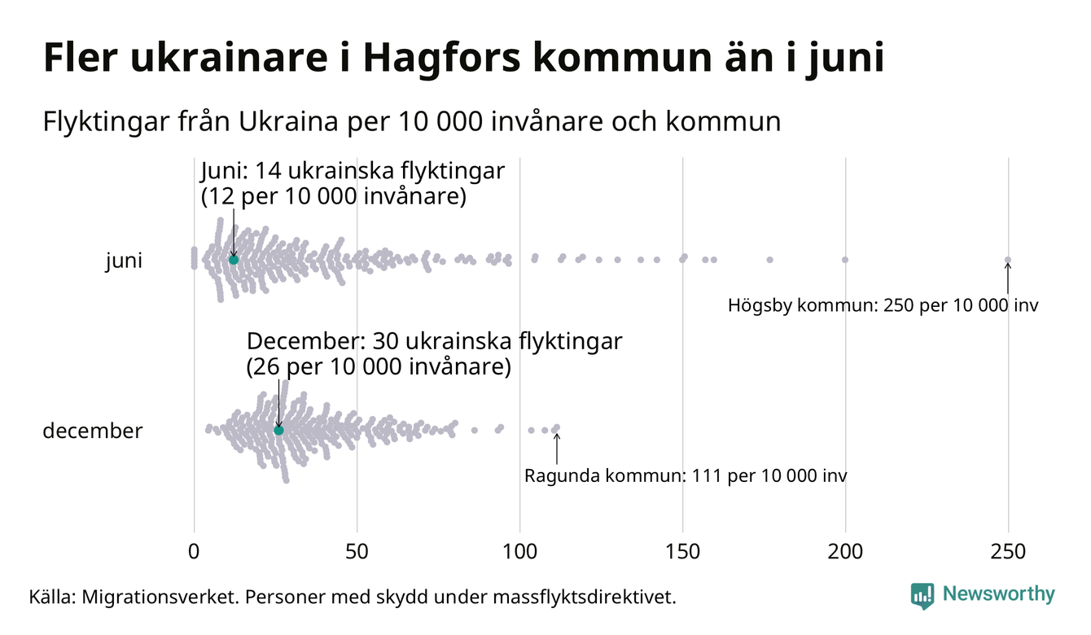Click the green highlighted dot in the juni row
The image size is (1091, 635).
(234, 259)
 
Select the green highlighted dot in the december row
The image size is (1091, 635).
(278, 430)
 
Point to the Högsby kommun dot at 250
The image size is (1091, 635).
(1008, 261)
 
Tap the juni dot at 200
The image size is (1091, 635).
(845, 260)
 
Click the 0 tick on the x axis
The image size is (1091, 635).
(194, 552)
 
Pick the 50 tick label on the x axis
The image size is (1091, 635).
(357, 552)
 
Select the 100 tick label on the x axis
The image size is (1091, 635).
(519, 552)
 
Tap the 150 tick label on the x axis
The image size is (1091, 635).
(682, 552)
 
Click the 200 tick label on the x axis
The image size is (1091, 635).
(845, 552)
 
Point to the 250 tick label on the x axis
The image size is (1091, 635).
(1008, 552)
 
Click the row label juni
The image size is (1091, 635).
(124, 261)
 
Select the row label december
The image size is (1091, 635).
(92, 431)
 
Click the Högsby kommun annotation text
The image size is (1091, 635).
(883, 307)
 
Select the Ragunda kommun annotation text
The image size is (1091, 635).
(686, 475)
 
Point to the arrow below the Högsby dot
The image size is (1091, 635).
(1008, 279)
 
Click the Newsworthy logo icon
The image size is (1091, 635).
(922, 595)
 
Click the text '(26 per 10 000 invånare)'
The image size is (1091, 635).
(379, 367)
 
